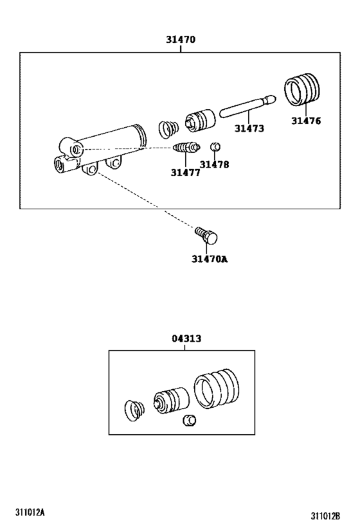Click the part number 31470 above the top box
pyautogui.click(x=180, y=40)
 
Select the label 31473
pyautogui.click(x=249, y=128)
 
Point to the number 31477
pyautogui.click(x=185, y=172)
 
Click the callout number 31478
pyautogui.click(x=214, y=164)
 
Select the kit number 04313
pyautogui.click(x=184, y=338)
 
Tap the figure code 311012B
pyautogui.click(x=325, y=516)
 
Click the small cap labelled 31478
pyautogui.click(x=216, y=148)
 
